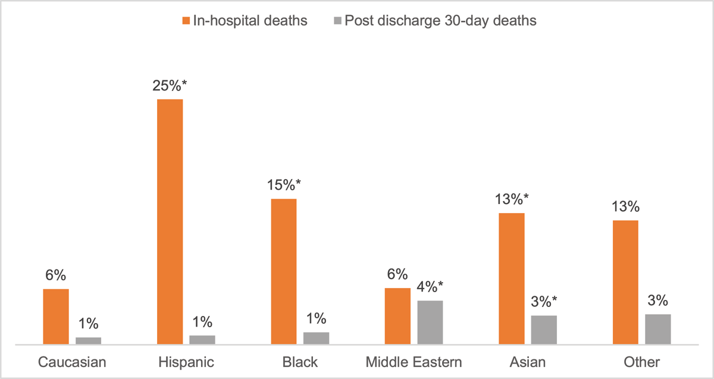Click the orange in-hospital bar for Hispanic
pos(170,221)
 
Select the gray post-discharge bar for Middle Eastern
pos(430,322)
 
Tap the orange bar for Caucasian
pos(56,317)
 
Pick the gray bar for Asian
pos(544,330)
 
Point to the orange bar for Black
pos(283,271)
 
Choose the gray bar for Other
pos(658,329)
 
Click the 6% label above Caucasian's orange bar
pos(56,276)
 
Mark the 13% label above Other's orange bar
pos(625,208)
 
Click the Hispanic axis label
pos(187,362)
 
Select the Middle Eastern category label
pos(414,362)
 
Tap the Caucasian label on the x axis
pos(73,362)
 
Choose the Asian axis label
pos(527,362)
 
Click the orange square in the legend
pos(186,21)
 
